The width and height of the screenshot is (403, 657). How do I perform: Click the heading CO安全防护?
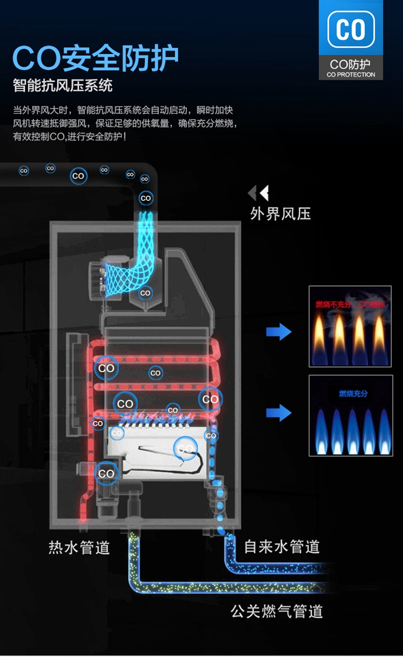pos(96,59)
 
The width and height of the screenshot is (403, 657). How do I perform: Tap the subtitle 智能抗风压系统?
pos(63,86)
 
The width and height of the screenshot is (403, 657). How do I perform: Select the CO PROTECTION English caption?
pos(351,75)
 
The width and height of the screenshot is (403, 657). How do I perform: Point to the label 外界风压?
pos(280,214)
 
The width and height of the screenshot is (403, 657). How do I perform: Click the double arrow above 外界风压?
pos(258,193)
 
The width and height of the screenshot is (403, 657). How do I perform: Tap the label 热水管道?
pos(79,548)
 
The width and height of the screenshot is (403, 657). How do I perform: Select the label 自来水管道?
pos(282,547)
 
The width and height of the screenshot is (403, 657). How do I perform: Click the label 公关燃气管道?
pos(277,611)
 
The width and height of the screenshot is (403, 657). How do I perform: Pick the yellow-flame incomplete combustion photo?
pos(350,326)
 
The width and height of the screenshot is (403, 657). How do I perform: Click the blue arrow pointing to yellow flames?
pos(278,332)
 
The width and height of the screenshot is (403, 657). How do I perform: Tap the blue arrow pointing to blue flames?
pos(278,413)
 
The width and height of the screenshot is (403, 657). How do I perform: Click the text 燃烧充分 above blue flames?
pos(353,394)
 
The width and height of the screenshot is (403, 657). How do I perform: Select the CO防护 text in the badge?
pos(351,64)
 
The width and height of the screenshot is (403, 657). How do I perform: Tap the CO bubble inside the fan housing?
pos(145,293)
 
